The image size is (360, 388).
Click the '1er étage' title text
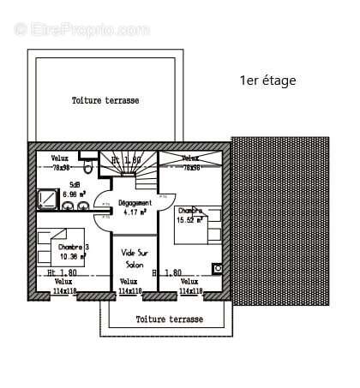click(267, 81)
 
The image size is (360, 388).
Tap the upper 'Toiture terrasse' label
click(105, 100)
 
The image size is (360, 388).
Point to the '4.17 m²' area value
click(135, 212)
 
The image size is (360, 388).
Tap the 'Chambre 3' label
click(74, 248)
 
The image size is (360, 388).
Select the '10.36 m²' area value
click(73, 256)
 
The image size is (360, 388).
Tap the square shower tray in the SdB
click(48, 200)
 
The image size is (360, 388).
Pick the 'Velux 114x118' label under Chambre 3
click(63, 286)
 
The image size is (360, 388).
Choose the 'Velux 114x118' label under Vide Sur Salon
click(129, 286)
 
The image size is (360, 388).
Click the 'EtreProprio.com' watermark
click(81, 30)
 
